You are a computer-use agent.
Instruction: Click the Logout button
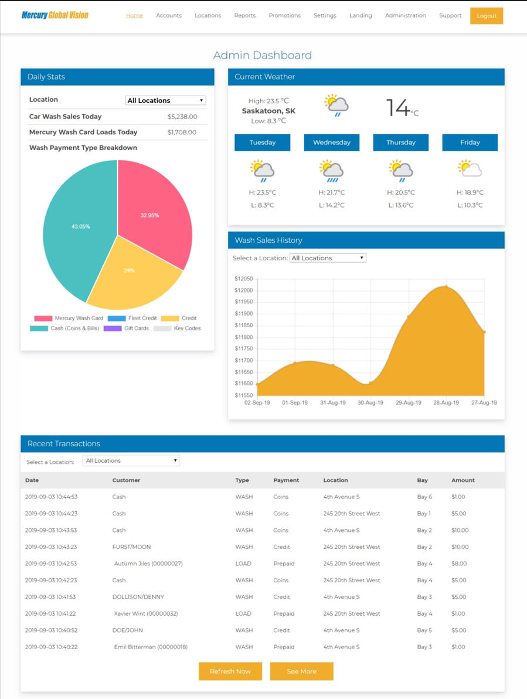[486, 16]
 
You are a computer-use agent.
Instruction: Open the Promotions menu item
[284, 16]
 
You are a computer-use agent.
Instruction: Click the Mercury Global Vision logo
[55, 15]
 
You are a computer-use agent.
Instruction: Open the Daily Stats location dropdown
[165, 100]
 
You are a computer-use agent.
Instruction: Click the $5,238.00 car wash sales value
[182, 117]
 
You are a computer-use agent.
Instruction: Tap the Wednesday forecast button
[332, 142]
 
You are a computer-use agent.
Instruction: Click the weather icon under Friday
[470, 169]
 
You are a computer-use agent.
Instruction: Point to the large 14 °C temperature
[402, 108]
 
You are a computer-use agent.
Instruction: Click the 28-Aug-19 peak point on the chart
[446, 287]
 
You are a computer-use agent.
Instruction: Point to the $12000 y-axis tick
[243, 291]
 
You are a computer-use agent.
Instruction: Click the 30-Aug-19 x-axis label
[370, 403]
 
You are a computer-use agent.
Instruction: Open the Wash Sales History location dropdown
[328, 258]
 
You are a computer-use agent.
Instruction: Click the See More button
[301, 671]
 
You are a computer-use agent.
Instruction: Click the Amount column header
[463, 480]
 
